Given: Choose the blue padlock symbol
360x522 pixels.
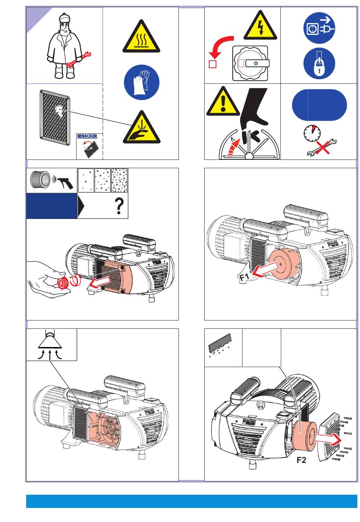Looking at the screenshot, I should (319, 63).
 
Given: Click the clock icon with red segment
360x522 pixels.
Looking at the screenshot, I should (312, 133).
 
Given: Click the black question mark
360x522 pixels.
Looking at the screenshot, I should (119, 206).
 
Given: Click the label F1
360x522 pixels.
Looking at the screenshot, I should (244, 278).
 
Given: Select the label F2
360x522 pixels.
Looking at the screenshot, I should (301, 460).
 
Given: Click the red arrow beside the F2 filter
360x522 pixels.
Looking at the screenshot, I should (328, 440).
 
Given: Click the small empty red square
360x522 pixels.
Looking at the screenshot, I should (213, 64).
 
